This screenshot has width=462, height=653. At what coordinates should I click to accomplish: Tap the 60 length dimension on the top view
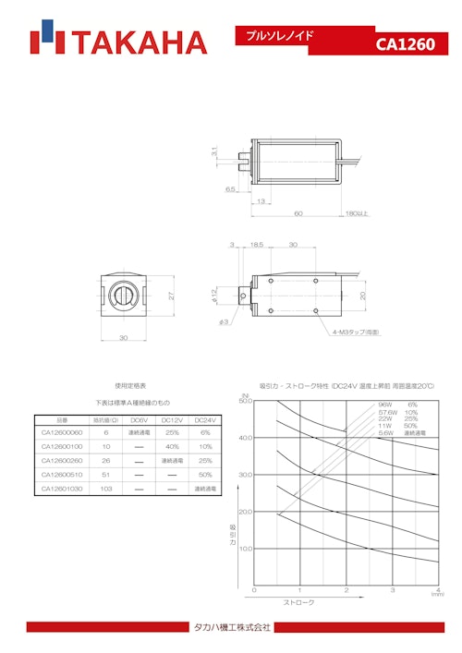(298, 213)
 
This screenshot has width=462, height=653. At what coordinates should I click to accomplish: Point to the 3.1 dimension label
(213, 151)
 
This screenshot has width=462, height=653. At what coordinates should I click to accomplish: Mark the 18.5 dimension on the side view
(257, 246)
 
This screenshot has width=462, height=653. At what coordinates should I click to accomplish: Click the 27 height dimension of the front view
(172, 296)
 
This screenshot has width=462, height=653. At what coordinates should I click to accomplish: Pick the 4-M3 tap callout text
(357, 332)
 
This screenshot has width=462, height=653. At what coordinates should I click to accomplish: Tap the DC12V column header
(171, 418)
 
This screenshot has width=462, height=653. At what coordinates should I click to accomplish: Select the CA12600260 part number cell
(62, 460)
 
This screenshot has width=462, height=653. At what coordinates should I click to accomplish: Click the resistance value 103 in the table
(106, 488)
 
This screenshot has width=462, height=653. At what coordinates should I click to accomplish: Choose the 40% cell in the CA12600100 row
(171, 446)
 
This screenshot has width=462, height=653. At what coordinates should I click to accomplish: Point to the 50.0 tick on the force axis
(245, 402)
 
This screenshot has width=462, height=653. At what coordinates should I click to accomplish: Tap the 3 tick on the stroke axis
(392, 589)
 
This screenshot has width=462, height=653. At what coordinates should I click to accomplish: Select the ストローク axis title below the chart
(299, 602)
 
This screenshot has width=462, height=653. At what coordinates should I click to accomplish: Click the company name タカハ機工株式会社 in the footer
(231, 628)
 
